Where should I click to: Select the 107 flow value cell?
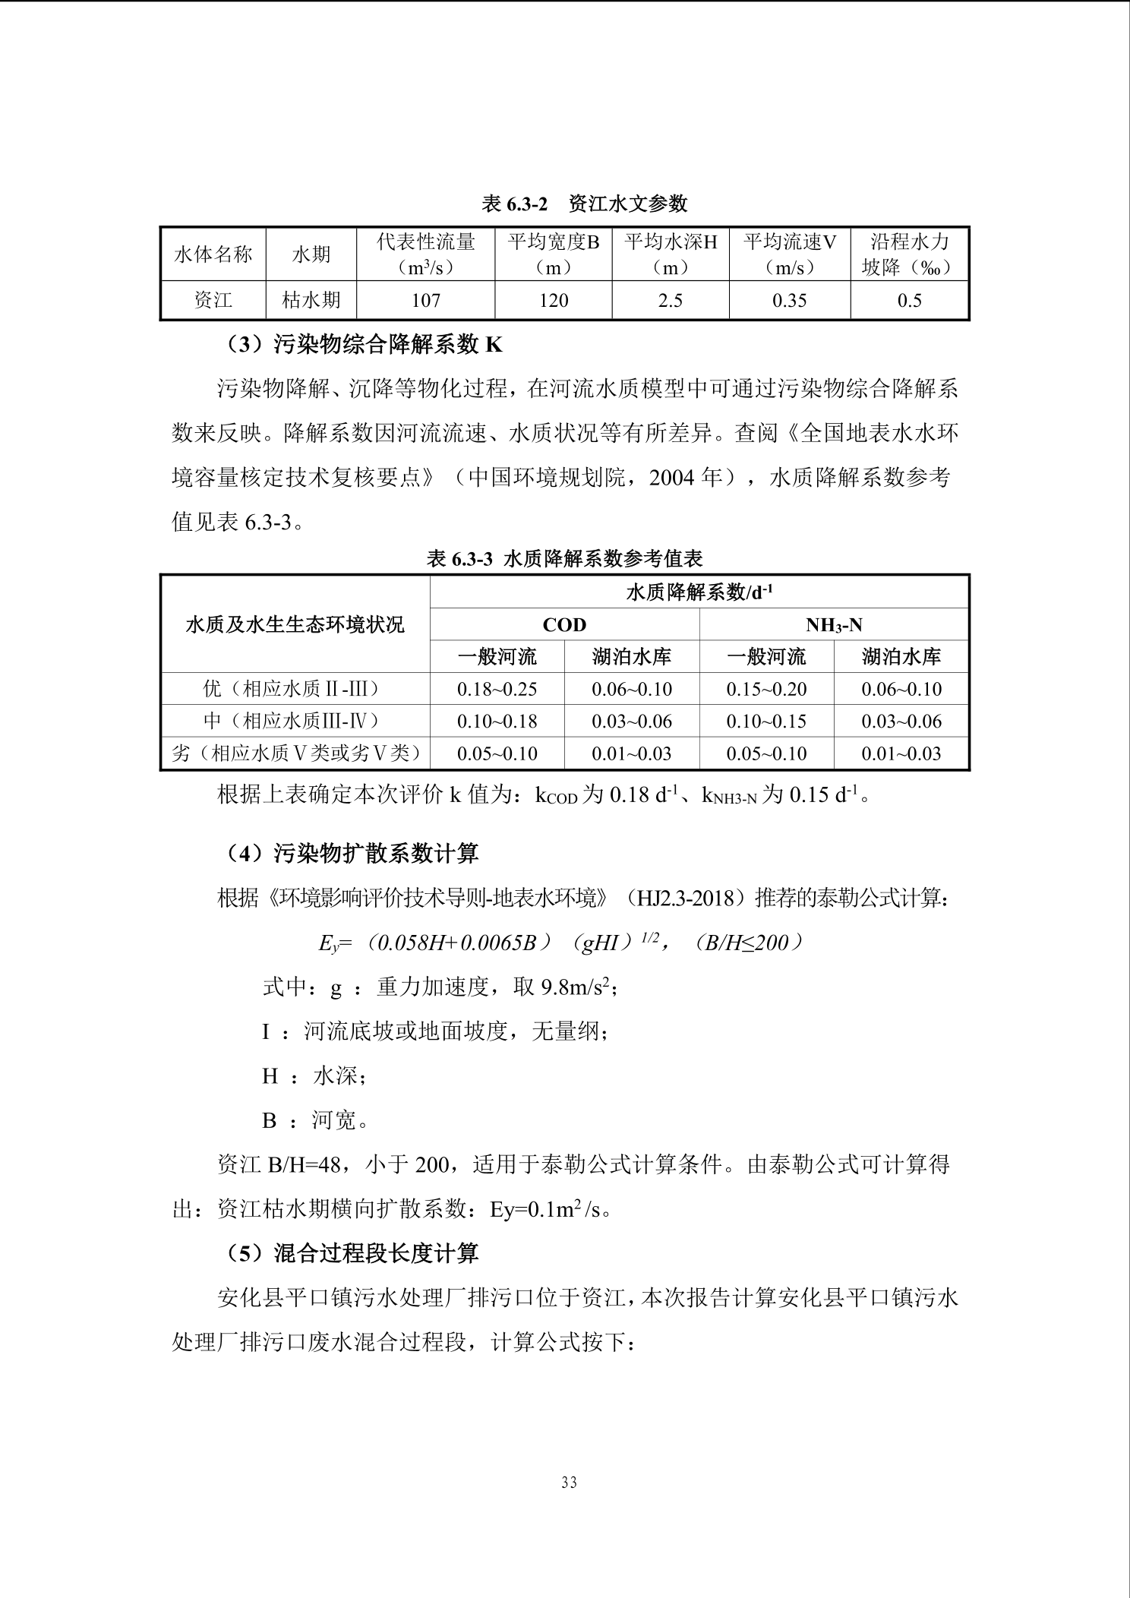pyautogui.click(x=425, y=301)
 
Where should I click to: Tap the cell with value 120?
pyautogui.click(x=554, y=301)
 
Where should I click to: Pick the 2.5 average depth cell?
pyautogui.click(x=670, y=301)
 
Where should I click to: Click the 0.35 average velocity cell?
pyautogui.click(x=789, y=301)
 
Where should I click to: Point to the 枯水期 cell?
pyautogui.click(x=311, y=301)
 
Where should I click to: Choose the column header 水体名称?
pyautogui.click(x=213, y=254)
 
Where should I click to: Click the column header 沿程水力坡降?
pyautogui.click(x=909, y=254)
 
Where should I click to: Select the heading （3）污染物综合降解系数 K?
pyautogui.click(x=364, y=345)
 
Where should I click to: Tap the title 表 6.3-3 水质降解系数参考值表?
pyautogui.click(x=564, y=559)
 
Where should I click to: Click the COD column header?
pyautogui.click(x=564, y=625)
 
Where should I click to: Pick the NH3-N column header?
pyautogui.click(x=833, y=625)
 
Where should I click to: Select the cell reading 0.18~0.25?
pyautogui.click(x=497, y=690)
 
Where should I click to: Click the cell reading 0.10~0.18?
pyautogui.click(x=497, y=722)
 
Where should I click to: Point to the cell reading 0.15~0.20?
pyautogui.click(x=766, y=690)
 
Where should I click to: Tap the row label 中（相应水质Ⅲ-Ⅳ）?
pyautogui.click(x=295, y=722)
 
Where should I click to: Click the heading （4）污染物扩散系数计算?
pyautogui.click(x=352, y=854)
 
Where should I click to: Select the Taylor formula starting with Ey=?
pyautogui.click(x=560, y=943)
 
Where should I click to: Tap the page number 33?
pyautogui.click(x=569, y=1483)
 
